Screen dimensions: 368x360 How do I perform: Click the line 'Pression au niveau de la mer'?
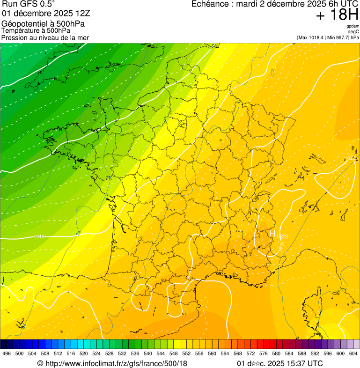tap(45, 37)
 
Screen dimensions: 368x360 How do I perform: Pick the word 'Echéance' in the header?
tap(210, 4)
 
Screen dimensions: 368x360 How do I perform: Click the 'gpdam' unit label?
tap(353, 26)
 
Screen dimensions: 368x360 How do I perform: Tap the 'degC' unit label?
tap(353, 32)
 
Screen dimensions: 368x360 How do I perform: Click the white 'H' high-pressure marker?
tap(272, 233)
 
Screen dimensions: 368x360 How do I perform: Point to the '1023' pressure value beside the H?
tap(282, 236)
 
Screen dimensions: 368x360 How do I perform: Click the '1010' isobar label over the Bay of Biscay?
tap(39, 236)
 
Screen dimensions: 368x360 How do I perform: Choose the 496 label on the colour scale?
tap(7, 353)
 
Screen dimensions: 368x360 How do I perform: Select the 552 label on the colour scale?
tap(186, 353)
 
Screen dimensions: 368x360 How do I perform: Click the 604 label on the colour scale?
tap(353, 353)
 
